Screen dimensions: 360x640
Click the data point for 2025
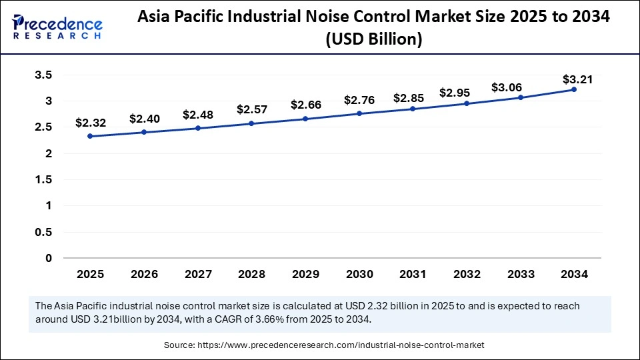click(x=90, y=136)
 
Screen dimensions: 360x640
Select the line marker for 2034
click(x=574, y=89)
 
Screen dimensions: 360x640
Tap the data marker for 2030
click(x=359, y=113)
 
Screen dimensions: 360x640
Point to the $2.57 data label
click(x=251, y=109)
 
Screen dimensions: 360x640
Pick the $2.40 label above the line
click(x=144, y=119)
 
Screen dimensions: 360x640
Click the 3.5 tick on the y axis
click(x=43, y=75)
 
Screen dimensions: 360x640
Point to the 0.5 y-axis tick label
click(x=43, y=232)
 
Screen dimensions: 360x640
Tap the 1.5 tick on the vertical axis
click(x=43, y=180)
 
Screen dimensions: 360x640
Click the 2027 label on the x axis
click(x=197, y=274)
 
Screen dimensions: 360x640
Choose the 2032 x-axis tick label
click(x=467, y=274)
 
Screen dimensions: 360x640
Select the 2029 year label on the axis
click(x=305, y=274)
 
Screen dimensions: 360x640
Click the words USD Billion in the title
click(x=375, y=39)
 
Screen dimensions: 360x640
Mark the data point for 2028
click(x=251, y=123)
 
